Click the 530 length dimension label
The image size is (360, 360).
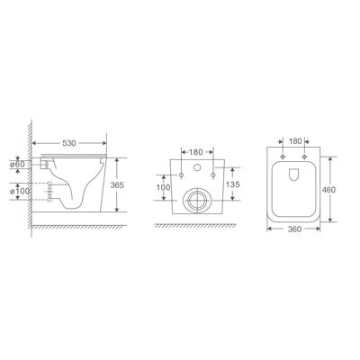(x=69, y=143)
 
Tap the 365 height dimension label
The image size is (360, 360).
(x=117, y=185)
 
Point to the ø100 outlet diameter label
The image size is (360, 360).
(x=20, y=191)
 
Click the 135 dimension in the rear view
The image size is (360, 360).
(x=233, y=184)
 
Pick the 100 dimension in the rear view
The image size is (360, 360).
(x=164, y=187)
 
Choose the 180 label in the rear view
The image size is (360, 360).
(x=196, y=152)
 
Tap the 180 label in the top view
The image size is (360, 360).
(x=294, y=141)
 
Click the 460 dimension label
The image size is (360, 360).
(x=328, y=190)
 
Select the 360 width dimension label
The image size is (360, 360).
(x=294, y=229)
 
